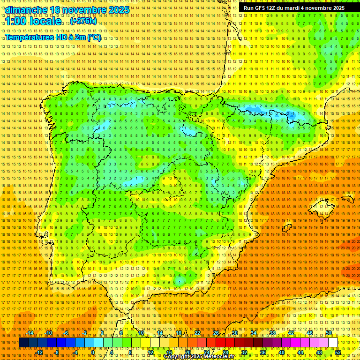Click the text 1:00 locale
click(33, 22)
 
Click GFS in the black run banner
click(262, 8)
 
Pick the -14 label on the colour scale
click(30, 333)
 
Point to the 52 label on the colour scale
click(338, 352)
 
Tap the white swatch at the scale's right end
click(333, 343)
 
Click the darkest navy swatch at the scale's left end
click(23, 343)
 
